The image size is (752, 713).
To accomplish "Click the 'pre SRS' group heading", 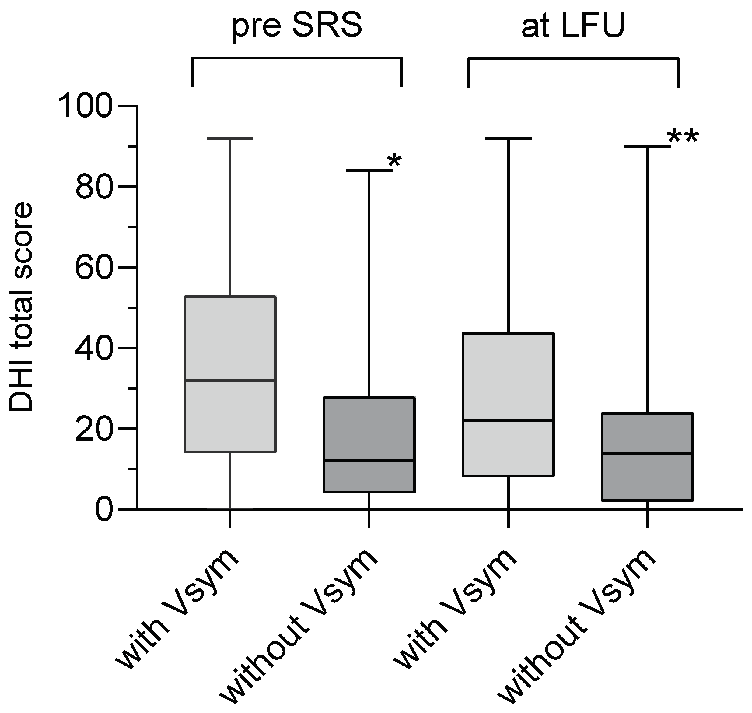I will pos(297,26).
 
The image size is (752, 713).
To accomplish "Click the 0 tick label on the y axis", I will pos(104,510).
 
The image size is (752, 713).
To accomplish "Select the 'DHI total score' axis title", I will pos(21,307).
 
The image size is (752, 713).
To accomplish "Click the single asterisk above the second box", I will pos(394,162).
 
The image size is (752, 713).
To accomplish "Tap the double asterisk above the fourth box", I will pos(683,138).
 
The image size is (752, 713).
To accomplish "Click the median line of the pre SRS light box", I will pos(230,380).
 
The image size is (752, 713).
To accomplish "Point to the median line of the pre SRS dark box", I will pos(369,461).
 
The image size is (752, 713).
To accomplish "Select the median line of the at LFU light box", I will pos(508,420).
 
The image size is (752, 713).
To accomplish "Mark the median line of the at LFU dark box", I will pos(647,453).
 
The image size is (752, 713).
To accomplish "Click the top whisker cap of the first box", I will pos(230,139).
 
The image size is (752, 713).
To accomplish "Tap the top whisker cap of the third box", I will pos(508,139).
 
